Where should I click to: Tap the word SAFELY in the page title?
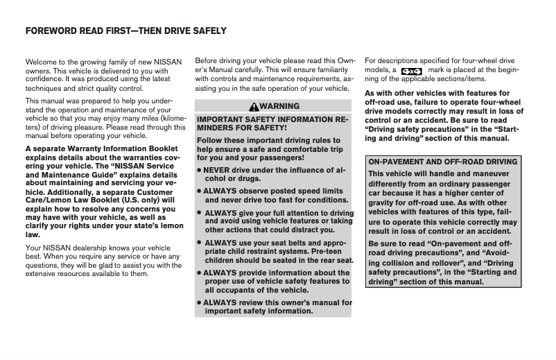point(207,31)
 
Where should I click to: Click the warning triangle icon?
point(255,106)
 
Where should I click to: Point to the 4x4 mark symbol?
point(412,71)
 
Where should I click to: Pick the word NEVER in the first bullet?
point(216,169)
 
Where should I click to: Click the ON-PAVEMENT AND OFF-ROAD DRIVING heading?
point(442,162)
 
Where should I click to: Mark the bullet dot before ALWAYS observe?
point(199,191)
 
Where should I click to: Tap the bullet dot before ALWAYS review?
point(199,303)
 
